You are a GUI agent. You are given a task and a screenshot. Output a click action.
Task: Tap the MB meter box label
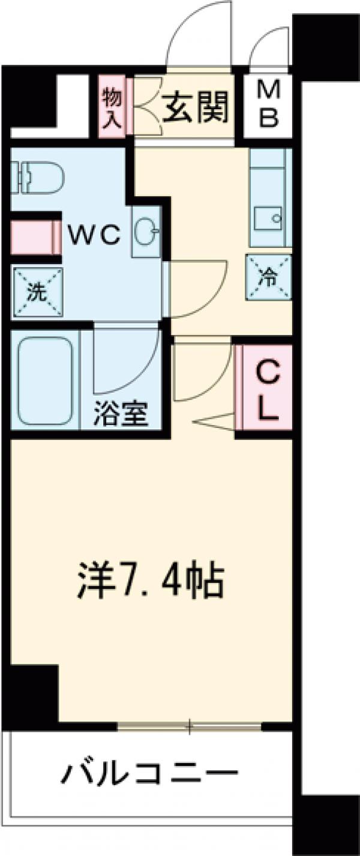[268, 104]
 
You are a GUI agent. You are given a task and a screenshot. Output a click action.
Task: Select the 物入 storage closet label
[112, 104]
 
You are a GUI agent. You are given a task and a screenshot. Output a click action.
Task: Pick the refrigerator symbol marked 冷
[268, 277]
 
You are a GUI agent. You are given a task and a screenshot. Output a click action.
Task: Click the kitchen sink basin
[268, 217]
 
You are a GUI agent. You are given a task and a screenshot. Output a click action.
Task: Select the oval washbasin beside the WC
[146, 231]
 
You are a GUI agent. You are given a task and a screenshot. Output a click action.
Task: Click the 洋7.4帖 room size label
[150, 579]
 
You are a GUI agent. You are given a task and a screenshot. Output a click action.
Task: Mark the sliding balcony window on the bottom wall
[190, 727]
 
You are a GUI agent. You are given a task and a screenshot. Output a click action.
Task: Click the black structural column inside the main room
[33, 693]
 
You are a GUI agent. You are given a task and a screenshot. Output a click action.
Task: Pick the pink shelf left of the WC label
[36, 235]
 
